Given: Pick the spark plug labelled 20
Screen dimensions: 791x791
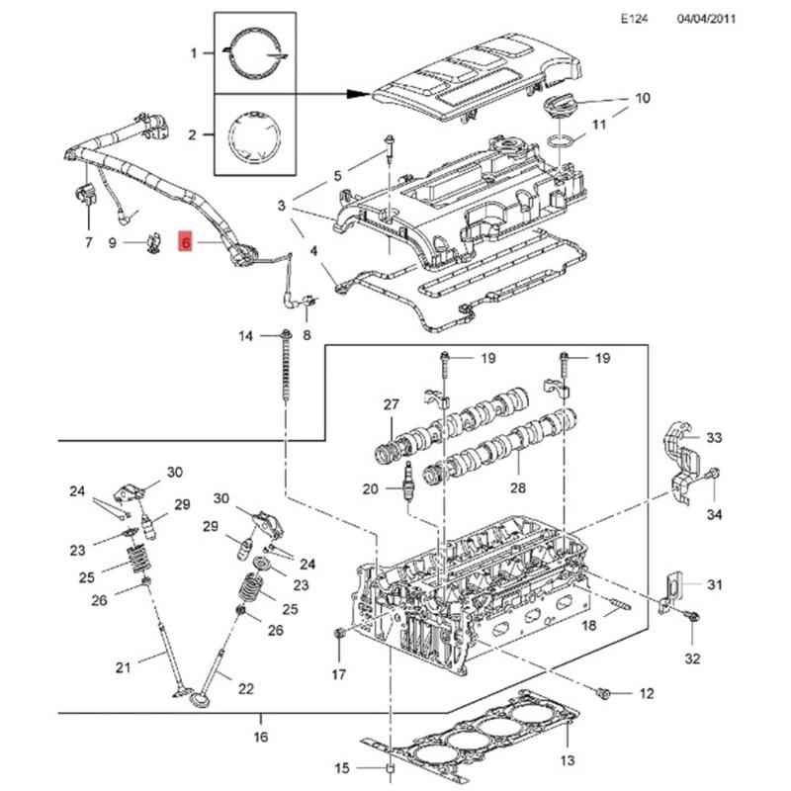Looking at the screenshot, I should pos(403,488).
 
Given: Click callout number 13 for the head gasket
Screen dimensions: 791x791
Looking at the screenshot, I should pos(567,760).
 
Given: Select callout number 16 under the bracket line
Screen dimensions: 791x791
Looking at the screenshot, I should pos(261,737).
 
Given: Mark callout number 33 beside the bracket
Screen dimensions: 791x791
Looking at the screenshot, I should pos(715,438).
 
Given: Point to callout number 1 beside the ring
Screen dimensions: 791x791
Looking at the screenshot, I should pos(195,51).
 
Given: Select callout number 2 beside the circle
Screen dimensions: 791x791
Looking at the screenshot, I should pos(195,132).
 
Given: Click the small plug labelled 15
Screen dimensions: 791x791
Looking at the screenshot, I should pos(389,768).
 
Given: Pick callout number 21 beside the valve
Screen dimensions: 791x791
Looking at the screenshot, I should pos(123,668).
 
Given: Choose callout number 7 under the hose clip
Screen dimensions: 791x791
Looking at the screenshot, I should pos(88,242).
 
